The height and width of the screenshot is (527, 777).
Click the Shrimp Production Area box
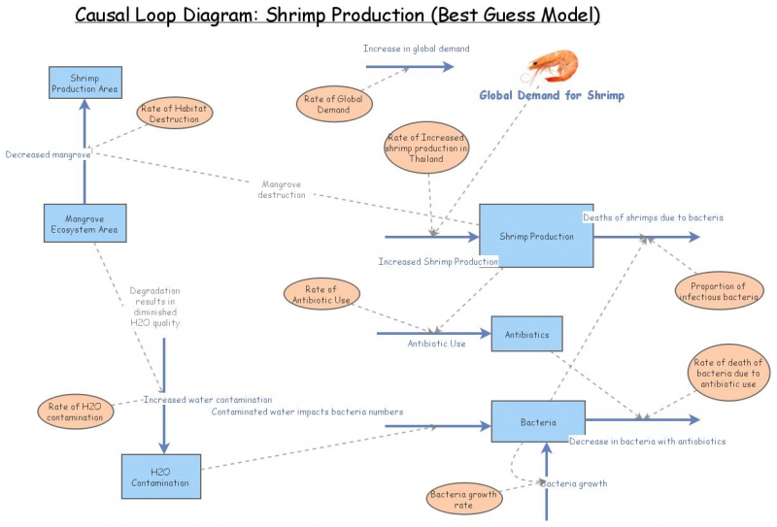[85, 82]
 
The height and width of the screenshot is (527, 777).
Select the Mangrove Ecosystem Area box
[84, 223]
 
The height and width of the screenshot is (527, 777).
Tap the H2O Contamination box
[160, 476]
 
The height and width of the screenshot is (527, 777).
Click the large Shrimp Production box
[536, 236]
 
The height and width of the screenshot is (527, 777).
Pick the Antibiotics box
[526, 335]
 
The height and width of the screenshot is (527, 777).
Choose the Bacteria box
[538, 422]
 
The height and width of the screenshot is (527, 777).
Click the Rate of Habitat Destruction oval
[175, 114]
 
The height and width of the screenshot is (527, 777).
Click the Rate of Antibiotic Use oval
[321, 294]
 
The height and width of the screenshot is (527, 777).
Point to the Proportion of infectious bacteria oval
[718, 291]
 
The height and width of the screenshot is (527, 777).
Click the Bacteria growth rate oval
[464, 500]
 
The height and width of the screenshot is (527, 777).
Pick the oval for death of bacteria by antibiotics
[728, 373]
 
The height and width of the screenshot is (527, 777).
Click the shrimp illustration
[550, 67]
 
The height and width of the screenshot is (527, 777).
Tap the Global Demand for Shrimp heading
[552, 95]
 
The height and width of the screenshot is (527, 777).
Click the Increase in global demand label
[416, 49]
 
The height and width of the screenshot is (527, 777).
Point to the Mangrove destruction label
[282, 189]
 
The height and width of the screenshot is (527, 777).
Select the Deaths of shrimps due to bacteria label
[653, 217]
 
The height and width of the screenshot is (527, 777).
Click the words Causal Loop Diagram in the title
[180, 16]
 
